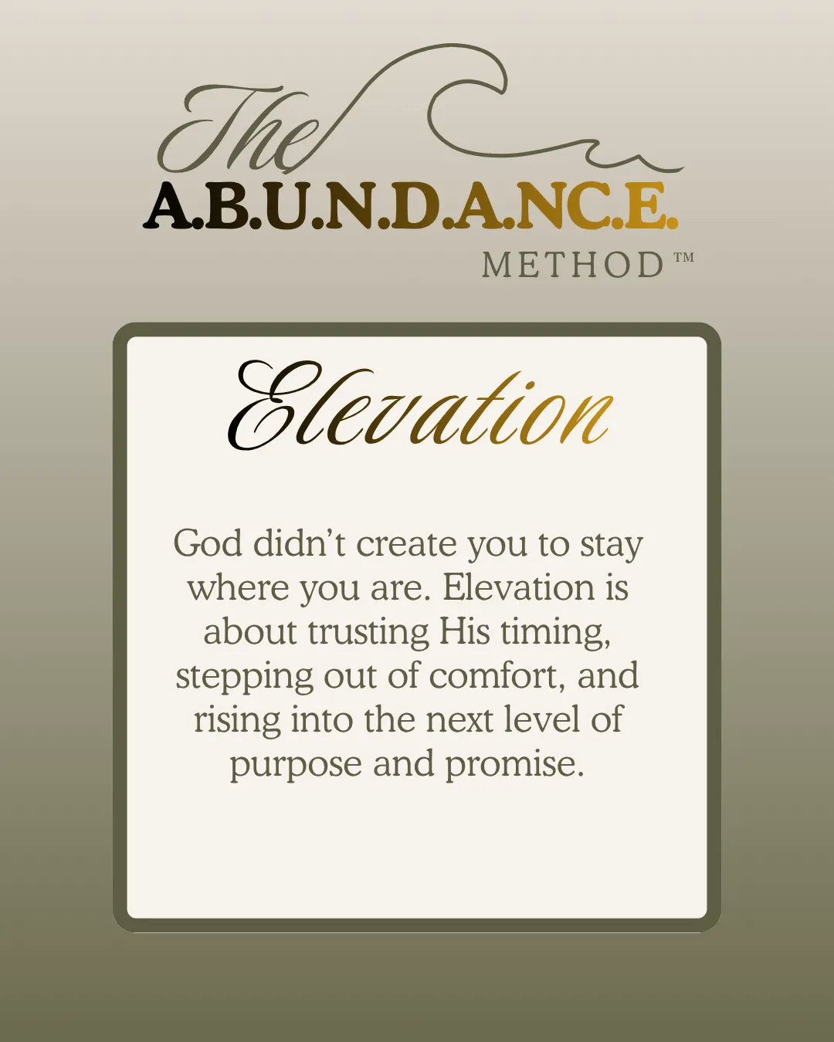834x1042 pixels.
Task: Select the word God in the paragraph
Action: tap(208, 543)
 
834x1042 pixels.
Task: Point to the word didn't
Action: tap(299, 543)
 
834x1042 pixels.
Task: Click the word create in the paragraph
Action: tap(406, 544)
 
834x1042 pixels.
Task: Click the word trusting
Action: tap(368, 634)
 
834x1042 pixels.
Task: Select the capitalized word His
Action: tap(464, 631)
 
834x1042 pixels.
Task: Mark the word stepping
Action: tap(244, 678)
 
